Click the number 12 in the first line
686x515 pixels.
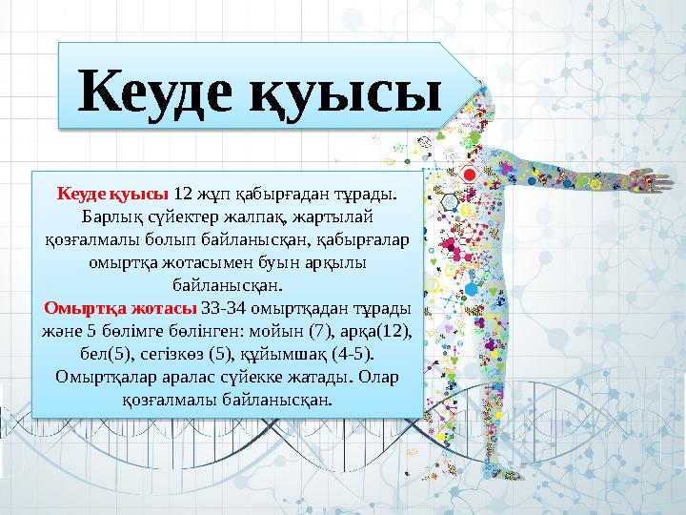[x=185, y=194]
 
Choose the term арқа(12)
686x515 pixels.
[x=379, y=331]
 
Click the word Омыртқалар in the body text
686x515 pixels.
[x=99, y=377]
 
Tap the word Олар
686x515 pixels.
[x=380, y=377]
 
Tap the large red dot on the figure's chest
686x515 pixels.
[x=468, y=175]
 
